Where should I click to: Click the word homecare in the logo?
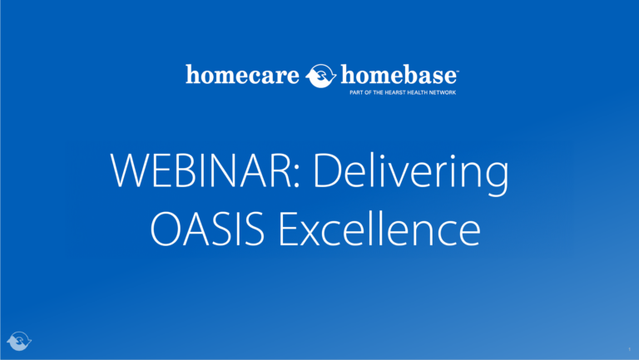click(242, 75)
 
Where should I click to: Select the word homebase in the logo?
click(399, 75)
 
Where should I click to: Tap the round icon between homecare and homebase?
click(320, 76)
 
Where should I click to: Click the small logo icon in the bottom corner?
click(19, 341)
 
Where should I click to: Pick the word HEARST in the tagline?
click(395, 92)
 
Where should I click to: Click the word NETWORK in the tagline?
click(442, 92)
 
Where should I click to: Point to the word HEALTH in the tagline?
click(417, 92)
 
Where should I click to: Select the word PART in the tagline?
click(356, 92)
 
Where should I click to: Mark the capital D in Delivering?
click(327, 170)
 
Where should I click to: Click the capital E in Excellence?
click(289, 228)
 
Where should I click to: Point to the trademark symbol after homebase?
click(458, 71)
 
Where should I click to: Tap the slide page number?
click(630, 349)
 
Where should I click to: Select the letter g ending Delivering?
click(498, 180)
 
